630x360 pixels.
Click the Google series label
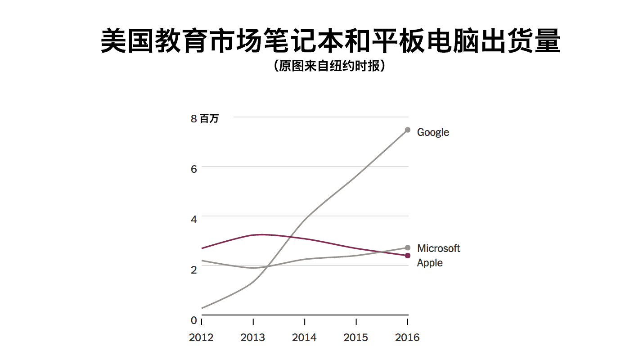(x=433, y=132)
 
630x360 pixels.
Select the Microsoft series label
(x=438, y=248)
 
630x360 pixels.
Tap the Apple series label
(x=430, y=263)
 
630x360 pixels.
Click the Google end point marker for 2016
(x=408, y=130)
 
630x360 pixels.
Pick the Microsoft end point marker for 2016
(x=408, y=247)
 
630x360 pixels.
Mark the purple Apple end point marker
(x=408, y=256)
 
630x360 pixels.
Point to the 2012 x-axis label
(x=201, y=337)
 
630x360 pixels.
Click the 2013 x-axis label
(x=253, y=337)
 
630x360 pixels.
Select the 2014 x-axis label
(x=304, y=337)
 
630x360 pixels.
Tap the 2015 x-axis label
(x=356, y=337)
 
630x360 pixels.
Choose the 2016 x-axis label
(x=407, y=337)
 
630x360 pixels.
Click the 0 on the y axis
(x=194, y=320)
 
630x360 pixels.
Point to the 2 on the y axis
(x=194, y=270)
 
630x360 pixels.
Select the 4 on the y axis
(x=194, y=220)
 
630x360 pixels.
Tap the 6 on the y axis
(x=194, y=169)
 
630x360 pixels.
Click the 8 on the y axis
(x=194, y=119)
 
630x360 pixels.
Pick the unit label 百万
(x=209, y=119)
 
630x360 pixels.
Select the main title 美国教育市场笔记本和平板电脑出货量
(x=330, y=41)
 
